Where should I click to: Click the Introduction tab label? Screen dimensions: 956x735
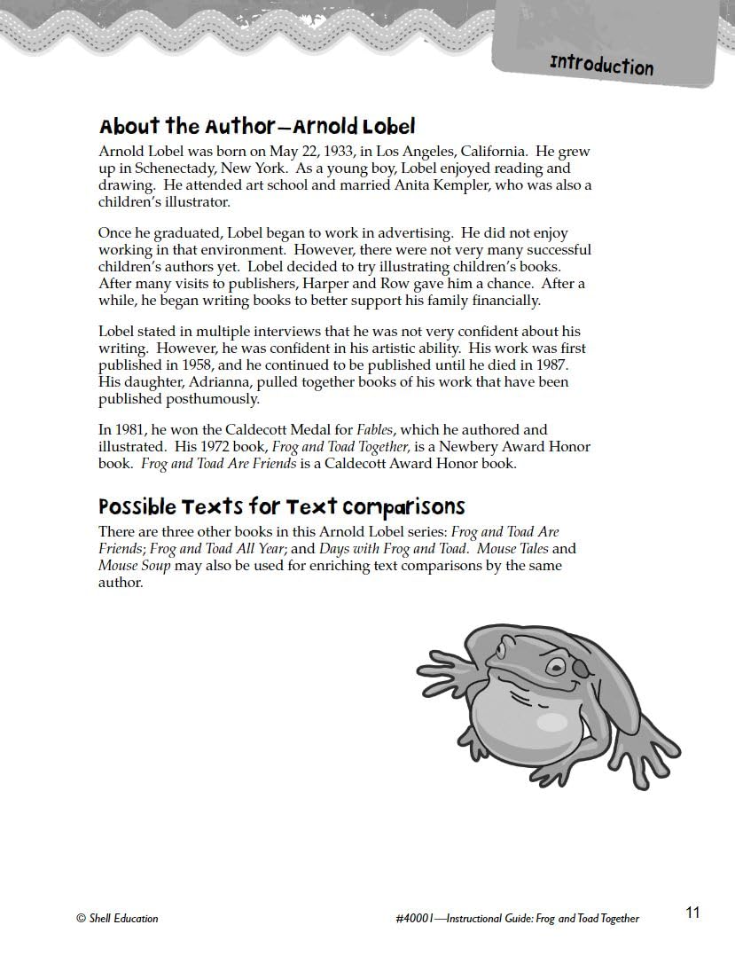tap(601, 65)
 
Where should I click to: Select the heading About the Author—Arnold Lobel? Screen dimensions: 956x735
tap(257, 126)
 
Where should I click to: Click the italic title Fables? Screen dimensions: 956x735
tap(374, 430)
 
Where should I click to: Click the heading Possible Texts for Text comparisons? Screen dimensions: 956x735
tap(281, 506)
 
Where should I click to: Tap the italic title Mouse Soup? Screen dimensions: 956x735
tap(134, 566)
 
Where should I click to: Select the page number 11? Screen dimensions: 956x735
tap(692, 913)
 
